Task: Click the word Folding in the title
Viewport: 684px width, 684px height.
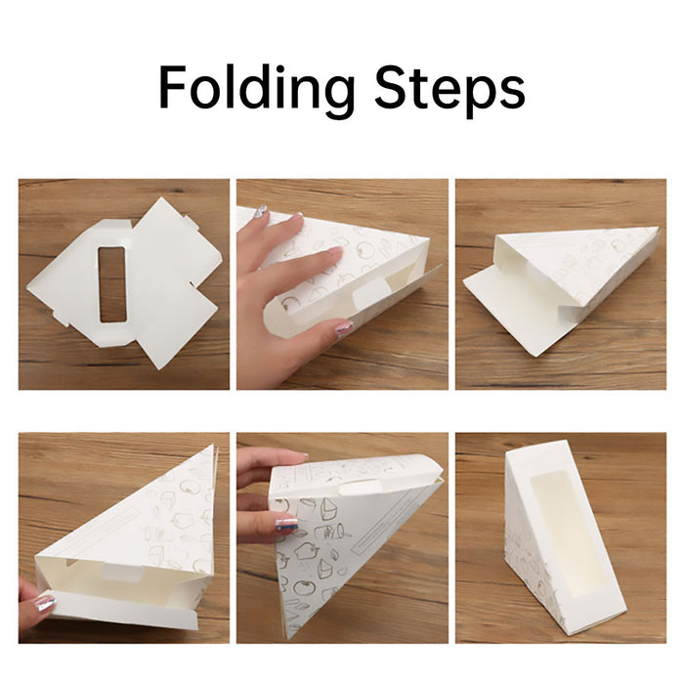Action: tap(256, 89)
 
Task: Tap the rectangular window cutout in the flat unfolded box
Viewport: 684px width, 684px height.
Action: tap(112, 284)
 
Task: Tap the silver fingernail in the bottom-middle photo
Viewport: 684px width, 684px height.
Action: tap(288, 523)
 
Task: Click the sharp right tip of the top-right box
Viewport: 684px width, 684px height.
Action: tap(658, 228)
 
